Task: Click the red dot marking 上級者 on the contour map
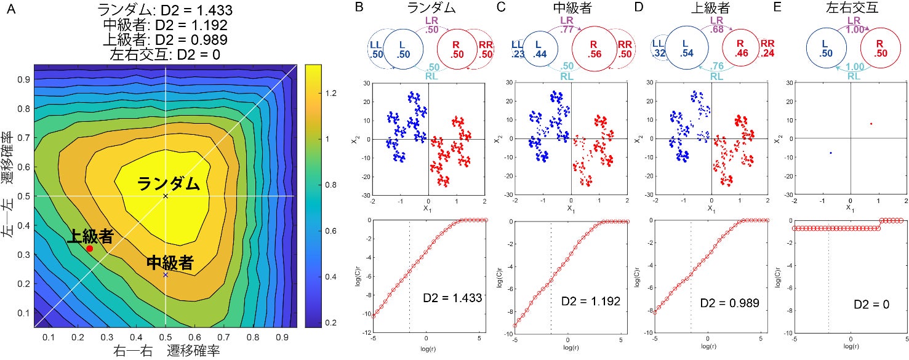[90, 249]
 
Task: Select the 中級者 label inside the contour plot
[170, 264]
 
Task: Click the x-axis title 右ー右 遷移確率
[167, 351]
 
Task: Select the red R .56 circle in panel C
[594, 49]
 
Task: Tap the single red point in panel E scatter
[871, 124]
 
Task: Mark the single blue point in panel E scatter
[830, 153]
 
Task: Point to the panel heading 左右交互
[851, 9]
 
